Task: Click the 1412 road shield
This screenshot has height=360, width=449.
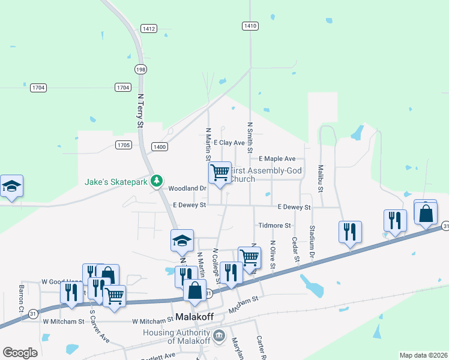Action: (x=149, y=28)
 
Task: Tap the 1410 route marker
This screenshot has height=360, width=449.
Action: (x=250, y=25)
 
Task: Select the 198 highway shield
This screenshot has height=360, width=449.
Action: (x=140, y=70)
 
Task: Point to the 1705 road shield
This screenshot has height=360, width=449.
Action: (x=124, y=145)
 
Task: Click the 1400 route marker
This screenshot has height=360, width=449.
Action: (x=160, y=146)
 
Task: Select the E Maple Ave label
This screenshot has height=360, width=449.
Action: (x=277, y=158)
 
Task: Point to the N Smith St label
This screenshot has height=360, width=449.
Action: (x=250, y=139)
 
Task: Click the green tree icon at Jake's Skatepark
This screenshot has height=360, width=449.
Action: (x=157, y=180)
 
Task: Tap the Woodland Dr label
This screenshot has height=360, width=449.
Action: (x=187, y=188)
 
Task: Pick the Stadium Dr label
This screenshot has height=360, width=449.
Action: (x=313, y=239)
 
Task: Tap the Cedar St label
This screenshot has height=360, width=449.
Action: (x=295, y=250)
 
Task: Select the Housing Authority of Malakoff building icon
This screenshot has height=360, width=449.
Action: (x=218, y=334)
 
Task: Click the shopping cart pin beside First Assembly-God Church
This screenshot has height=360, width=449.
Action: (x=220, y=173)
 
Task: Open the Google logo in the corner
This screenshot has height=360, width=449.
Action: (x=20, y=353)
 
